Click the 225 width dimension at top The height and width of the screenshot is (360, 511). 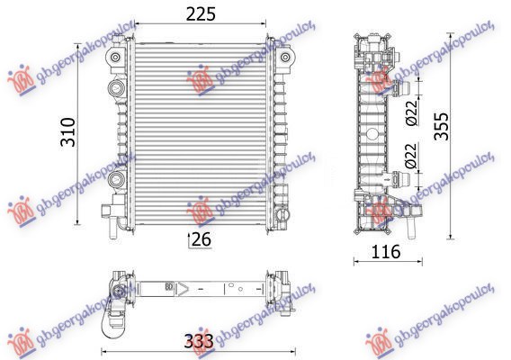(x=201, y=14)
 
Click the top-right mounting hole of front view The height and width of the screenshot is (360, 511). (x=286, y=59)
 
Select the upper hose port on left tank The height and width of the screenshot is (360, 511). (x=114, y=88)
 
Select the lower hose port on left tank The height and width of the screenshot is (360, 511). (x=114, y=180)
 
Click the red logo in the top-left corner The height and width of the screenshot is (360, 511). (x=19, y=79)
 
